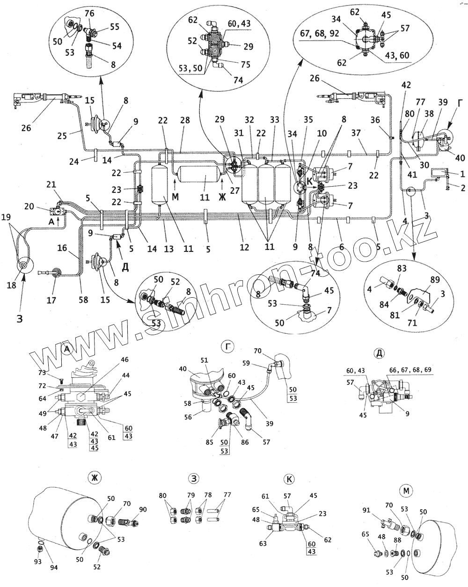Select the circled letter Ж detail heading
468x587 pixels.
[95, 477]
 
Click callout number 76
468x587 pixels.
[90, 13]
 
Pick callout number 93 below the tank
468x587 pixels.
[38, 561]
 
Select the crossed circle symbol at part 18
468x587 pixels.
[22, 265]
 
